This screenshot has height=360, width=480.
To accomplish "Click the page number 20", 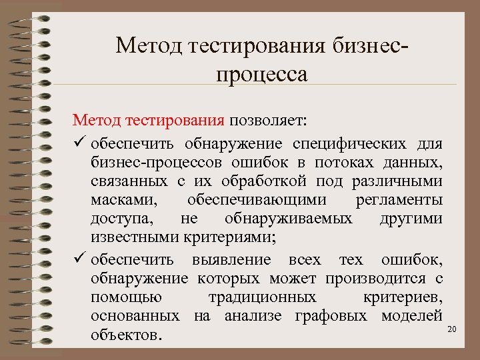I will click(x=451, y=329).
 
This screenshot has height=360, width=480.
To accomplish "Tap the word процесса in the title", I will click(x=261, y=73).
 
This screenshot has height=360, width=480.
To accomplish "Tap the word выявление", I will click(x=233, y=259).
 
